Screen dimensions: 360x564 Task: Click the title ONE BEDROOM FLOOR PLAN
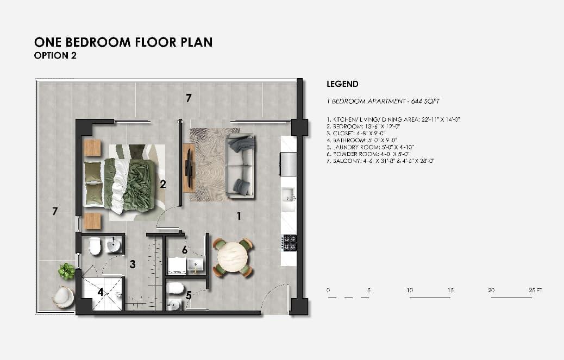click(123, 42)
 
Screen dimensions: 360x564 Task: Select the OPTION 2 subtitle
click(55, 55)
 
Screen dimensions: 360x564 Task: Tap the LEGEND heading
click(342, 84)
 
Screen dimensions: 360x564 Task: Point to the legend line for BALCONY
click(381, 161)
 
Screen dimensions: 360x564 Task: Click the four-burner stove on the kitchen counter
click(289, 242)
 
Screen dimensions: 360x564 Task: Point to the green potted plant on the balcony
click(66, 271)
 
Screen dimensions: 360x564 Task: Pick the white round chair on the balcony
click(63, 297)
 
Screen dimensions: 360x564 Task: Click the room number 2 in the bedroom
click(162, 184)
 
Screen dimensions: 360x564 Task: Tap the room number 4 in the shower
click(101, 292)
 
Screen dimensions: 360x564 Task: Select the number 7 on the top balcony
click(189, 98)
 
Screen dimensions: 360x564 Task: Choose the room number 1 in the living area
click(238, 216)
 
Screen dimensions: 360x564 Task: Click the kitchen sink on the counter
click(288, 195)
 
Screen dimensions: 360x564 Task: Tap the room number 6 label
click(185, 250)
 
